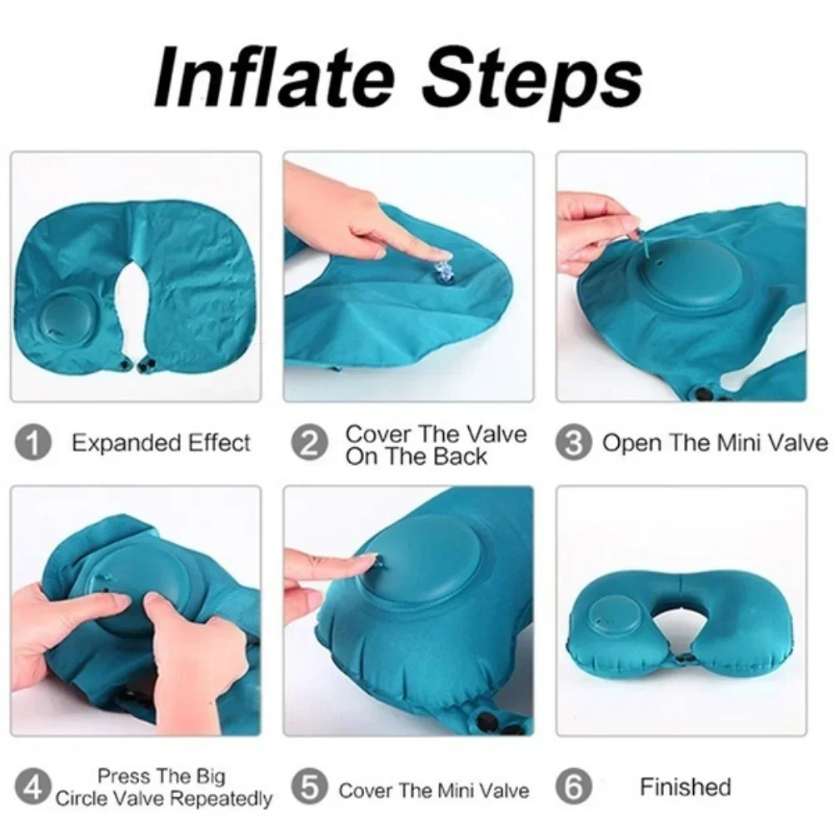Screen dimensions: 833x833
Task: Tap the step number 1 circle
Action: [x=34, y=442]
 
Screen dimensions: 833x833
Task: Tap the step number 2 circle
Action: [x=309, y=442]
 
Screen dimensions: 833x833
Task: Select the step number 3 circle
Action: [x=574, y=442]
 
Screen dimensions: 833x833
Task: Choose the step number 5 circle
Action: [x=309, y=787]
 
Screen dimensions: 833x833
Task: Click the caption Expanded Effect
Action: [x=161, y=442]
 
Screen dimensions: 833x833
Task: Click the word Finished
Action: [x=685, y=786]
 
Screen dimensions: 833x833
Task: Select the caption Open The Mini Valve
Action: [x=715, y=442]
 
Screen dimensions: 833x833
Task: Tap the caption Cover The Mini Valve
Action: [x=433, y=788]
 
